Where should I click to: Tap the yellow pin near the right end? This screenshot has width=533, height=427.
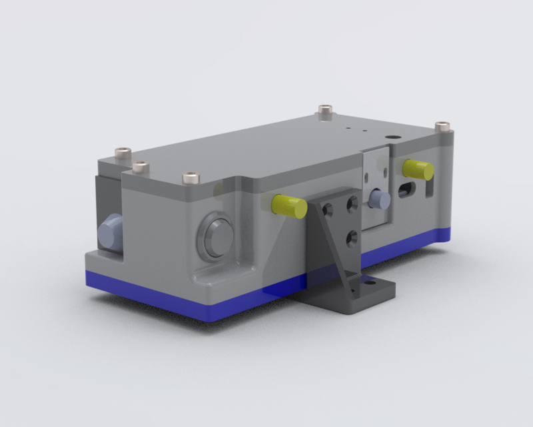(x=419, y=169)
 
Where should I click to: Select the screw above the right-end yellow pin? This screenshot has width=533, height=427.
(x=442, y=125)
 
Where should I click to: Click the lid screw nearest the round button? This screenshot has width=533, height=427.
(x=191, y=177)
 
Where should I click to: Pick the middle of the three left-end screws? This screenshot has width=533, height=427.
(x=139, y=166)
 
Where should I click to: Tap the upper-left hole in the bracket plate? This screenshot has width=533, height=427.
(x=328, y=209)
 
